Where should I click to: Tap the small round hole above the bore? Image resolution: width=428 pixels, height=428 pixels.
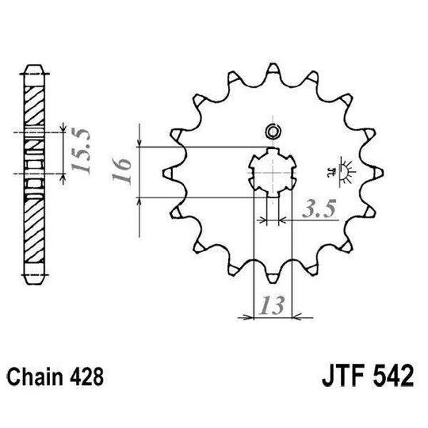[273, 131]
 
